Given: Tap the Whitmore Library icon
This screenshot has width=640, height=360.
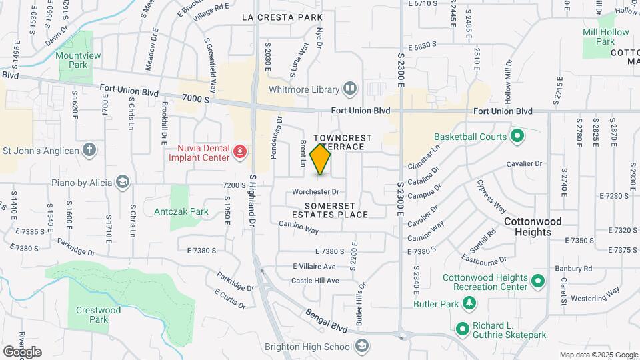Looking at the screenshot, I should coord(350,89).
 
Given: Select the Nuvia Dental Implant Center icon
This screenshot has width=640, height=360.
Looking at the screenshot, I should coord(240,153).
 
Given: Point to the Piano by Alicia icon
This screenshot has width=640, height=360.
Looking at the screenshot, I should coord(122,182).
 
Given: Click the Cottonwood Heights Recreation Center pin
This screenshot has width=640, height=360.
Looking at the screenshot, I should coord(538,283).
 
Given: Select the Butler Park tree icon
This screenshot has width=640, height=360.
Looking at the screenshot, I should coord(470,303).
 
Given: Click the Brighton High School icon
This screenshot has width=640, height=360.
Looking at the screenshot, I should coord(361,346).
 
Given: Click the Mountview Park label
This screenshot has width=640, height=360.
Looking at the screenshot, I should coord(72,60).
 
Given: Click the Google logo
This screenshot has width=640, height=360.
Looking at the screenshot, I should coord(21,351).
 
